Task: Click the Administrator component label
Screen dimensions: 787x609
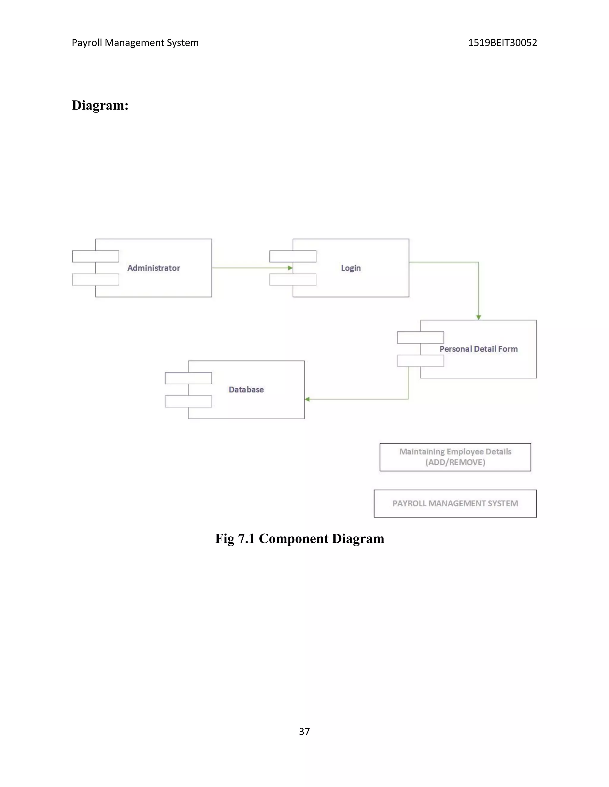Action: point(153,268)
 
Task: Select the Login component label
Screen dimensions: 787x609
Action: point(351,268)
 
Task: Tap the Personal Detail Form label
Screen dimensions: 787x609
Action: point(478,349)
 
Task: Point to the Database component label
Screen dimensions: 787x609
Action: point(246,390)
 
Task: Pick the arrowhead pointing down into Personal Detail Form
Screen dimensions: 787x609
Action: point(478,317)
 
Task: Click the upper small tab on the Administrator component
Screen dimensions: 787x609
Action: point(96,256)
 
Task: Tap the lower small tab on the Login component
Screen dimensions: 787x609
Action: point(293,280)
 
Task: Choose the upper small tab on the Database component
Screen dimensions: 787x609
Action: point(188,378)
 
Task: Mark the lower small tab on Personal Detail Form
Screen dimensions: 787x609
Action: point(420,361)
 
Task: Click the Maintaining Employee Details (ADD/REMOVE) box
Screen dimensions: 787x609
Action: point(455,457)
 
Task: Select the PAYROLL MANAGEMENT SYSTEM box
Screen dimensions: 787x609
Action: point(455,503)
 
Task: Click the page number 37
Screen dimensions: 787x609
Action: point(304,731)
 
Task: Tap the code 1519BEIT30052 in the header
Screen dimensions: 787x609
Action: point(502,42)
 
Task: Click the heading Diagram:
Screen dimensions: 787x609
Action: point(100,105)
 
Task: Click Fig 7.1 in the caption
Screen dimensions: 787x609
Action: point(235,538)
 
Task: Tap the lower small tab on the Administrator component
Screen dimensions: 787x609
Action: point(96,280)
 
